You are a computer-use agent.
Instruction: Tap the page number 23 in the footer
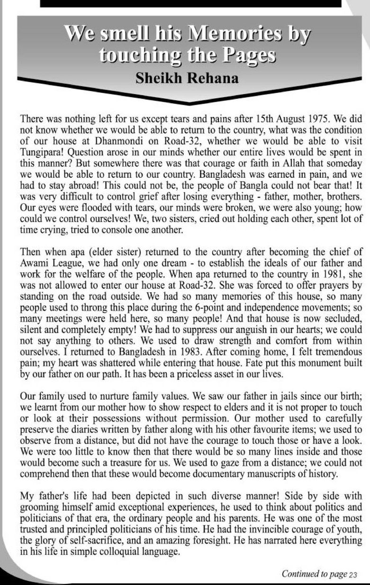(x=353, y=575)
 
